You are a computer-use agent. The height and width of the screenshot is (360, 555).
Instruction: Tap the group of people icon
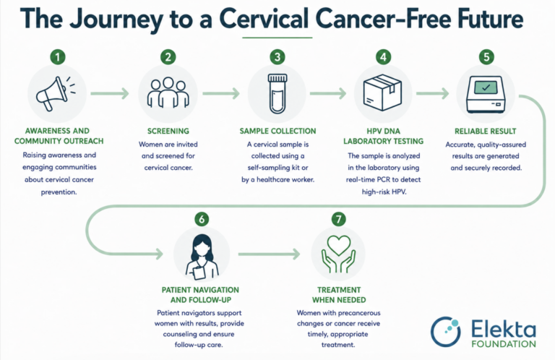[168, 93]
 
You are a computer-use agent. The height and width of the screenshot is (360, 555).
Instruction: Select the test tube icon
[277, 93]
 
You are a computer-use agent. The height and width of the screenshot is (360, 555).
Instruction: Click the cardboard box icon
[382, 93]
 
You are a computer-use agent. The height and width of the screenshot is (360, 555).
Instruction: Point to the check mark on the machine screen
[486, 87]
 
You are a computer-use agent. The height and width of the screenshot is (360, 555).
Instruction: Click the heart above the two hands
[339, 245]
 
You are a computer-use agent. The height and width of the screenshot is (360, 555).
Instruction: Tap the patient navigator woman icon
[202, 257]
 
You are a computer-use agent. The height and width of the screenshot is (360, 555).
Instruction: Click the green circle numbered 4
[383, 56]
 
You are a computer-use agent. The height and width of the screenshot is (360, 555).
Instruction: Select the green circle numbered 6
[202, 219]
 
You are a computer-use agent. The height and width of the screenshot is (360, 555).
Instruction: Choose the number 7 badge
[339, 219]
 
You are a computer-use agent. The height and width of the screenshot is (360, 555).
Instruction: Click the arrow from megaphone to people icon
[110, 93]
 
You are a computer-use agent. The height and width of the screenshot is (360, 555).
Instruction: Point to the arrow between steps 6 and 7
[269, 254]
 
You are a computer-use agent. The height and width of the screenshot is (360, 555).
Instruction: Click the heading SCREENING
[168, 131]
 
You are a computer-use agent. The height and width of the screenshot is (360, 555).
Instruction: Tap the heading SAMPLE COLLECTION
[277, 131]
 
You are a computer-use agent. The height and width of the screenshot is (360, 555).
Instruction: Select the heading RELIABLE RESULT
[486, 132]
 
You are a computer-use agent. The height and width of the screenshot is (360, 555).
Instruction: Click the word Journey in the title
[116, 20]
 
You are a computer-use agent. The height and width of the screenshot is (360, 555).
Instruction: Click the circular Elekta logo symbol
[446, 332]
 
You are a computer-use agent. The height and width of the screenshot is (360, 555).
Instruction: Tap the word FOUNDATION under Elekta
[504, 343]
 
